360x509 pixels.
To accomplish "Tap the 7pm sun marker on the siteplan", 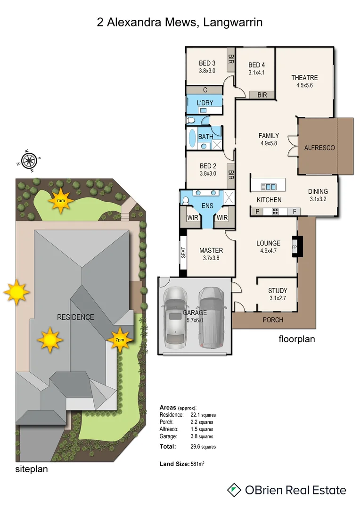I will pyautogui.click(x=120, y=339).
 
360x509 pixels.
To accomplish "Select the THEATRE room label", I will pyautogui.click(x=304, y=78).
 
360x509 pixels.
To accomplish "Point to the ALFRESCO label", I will pyautogui.click(x=319, y=148).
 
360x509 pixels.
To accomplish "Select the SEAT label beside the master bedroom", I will pyautogui.click(x=184, y=253).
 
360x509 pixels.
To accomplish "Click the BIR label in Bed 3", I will pyautogui.click(x=231, y=59).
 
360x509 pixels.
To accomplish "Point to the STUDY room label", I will pyautogui.click(x=278, y=291).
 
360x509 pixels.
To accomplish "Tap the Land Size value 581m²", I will pyautogui.click(x=197, y=464).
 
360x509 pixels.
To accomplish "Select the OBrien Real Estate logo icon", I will pyautogui.click(x=234, y=490).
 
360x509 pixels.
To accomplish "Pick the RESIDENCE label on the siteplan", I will pyautogui.click(x=75, y=317).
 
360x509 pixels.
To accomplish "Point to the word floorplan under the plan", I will pyautogui.click(x=297, y=338).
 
